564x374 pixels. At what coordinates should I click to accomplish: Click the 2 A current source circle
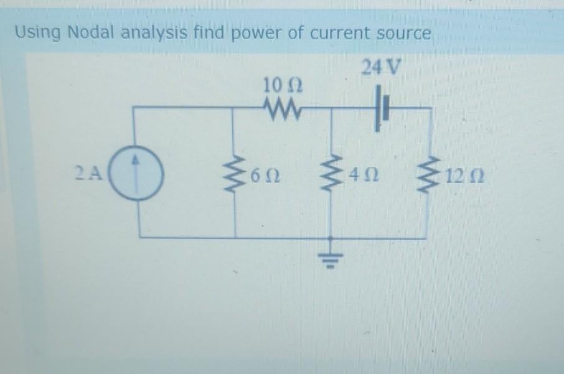pyautogui.click(x=138, y=172)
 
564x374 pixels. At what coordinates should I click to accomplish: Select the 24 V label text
pyautogui.click(x=381, y=66)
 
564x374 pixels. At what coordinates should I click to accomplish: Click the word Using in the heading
pyautogui.click(x=36, y=33)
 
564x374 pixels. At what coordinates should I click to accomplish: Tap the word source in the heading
pyautogui.click(x=400, y=34)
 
